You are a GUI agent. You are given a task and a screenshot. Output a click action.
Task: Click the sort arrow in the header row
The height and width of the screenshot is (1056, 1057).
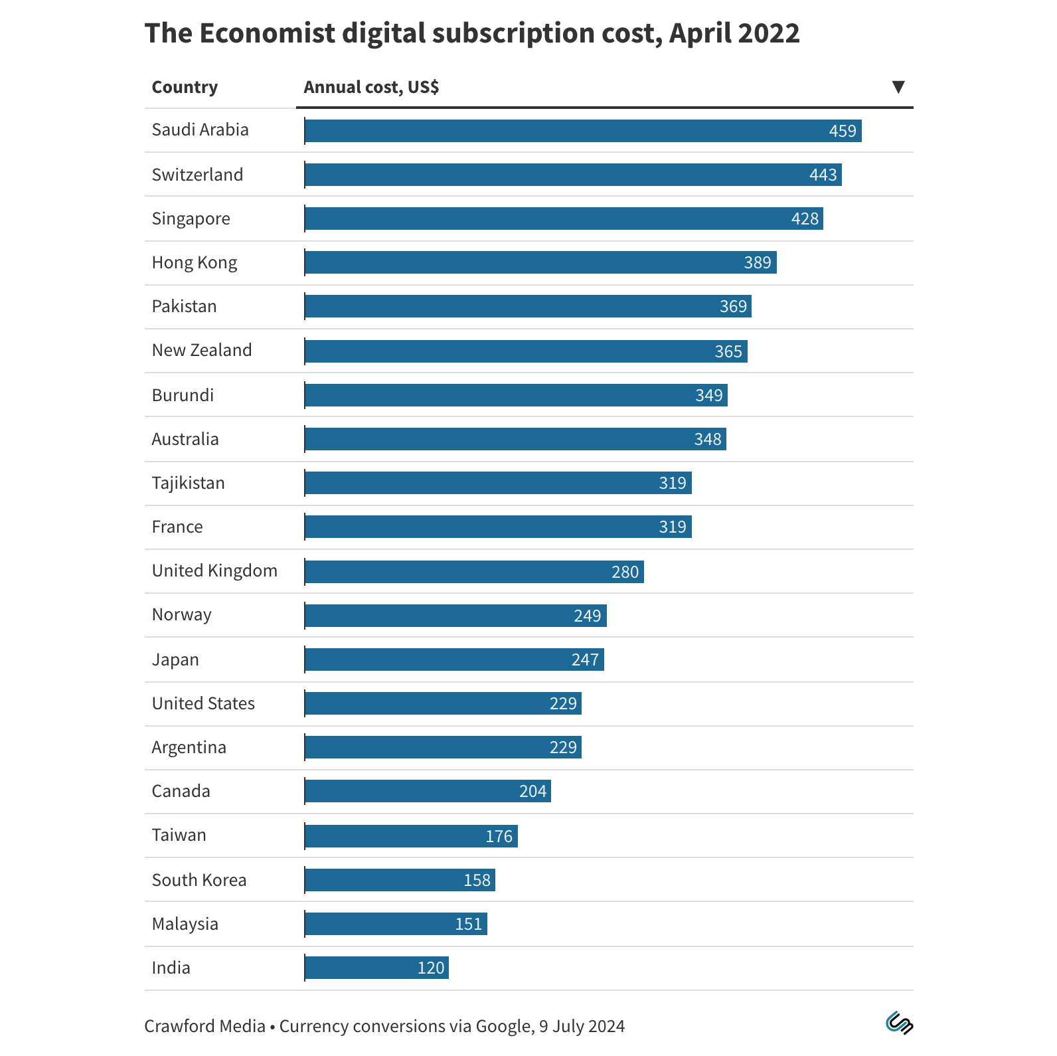[898, 87]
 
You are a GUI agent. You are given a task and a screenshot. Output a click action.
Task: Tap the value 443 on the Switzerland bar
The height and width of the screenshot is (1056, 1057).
[823, 175]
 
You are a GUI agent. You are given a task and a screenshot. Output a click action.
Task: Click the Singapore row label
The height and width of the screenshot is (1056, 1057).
[191, 219]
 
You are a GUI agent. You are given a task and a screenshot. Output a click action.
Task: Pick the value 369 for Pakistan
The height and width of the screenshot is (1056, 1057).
[733, 306]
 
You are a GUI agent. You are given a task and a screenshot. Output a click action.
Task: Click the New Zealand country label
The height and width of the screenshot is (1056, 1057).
[202, 350]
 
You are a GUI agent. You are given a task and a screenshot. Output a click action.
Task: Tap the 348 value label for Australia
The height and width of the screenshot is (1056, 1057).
[707, 439]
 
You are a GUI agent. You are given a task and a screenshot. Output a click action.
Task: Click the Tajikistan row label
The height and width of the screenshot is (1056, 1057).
[189, 483]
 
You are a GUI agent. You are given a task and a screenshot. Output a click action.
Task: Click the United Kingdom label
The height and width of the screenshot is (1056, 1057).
[214, 571]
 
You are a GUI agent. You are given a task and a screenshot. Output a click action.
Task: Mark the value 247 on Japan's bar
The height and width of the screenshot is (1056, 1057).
[585, 660]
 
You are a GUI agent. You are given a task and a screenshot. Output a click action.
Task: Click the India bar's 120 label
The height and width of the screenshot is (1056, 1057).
[430, 968]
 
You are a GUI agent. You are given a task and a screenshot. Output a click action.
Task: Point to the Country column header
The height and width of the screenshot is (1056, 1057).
[185, 87]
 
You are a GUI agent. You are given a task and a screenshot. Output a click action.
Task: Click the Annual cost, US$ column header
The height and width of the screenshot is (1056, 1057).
[371, 87]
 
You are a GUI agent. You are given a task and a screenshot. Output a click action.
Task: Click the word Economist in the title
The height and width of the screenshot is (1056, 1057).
[267, 33]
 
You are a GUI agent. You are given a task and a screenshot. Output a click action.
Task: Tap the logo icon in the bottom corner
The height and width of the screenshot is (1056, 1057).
[899, 1023]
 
